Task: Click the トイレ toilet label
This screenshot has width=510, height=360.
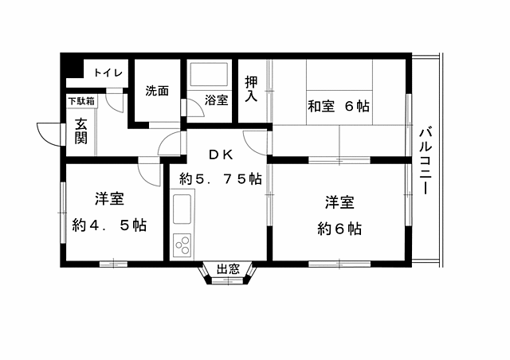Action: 108,73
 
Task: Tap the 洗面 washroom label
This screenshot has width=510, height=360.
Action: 157,91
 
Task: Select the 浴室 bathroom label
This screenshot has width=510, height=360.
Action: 216,100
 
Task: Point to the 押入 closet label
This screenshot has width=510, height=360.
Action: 252,88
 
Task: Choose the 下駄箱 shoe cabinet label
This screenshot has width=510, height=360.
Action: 80,101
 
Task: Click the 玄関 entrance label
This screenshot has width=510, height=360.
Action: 81,131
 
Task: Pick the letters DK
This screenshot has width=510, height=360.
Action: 220,155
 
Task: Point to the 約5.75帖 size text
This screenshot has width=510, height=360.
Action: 220,178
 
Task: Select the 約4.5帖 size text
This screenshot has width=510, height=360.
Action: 108,225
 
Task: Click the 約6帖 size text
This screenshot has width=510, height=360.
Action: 339,229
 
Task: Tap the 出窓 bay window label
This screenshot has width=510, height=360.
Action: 229,269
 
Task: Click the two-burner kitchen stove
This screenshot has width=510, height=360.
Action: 182,244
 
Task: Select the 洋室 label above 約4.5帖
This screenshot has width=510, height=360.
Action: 108,198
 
